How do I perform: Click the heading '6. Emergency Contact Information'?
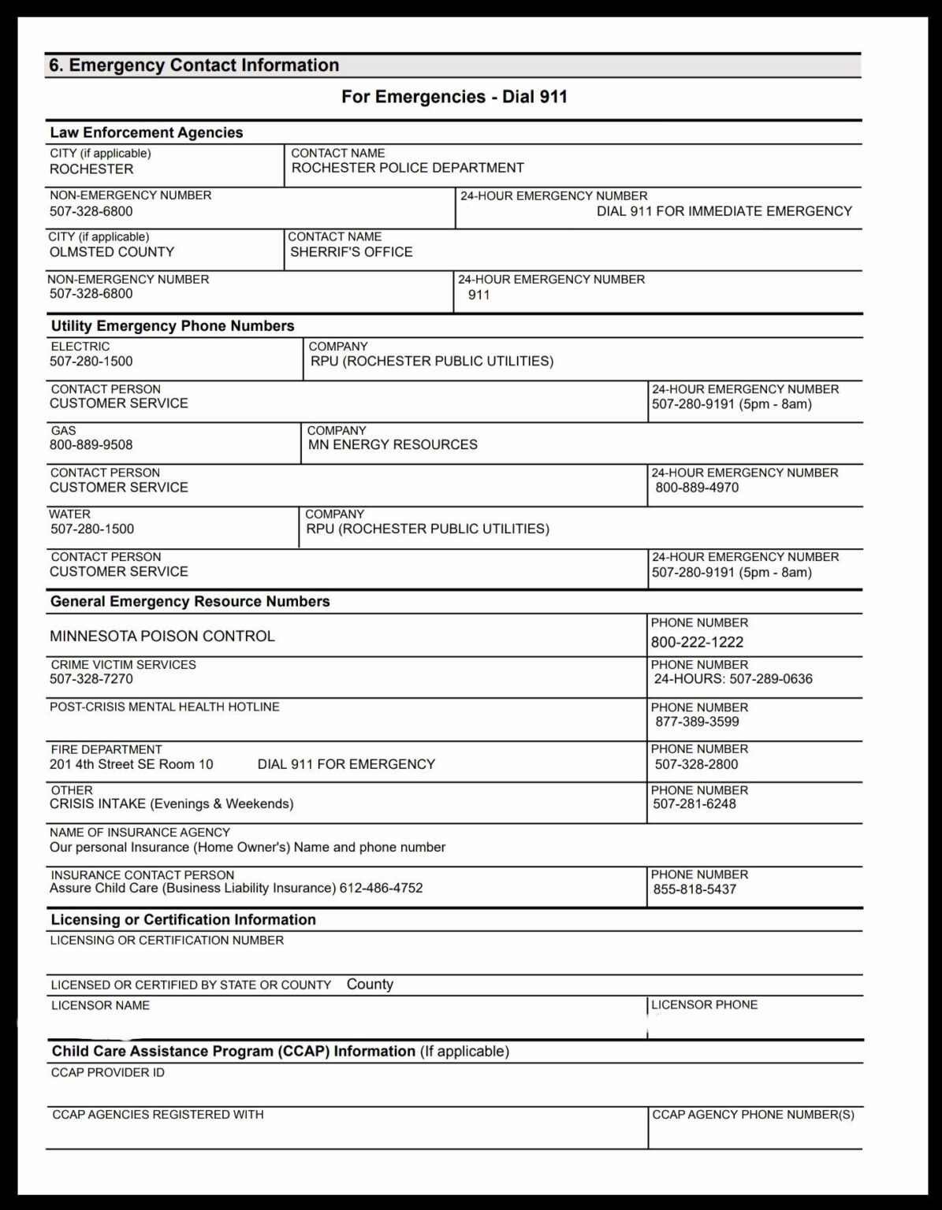coord(194,65)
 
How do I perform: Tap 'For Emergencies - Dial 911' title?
coord(454,97)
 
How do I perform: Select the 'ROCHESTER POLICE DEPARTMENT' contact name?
coord(408,168)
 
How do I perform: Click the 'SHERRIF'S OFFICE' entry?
coord(352,252)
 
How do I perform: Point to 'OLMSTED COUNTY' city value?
coord(112,252)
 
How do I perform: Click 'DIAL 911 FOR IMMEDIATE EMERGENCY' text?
coord(724,211)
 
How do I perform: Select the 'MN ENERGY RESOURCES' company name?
coord(393,445)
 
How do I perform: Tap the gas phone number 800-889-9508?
coord(91,445)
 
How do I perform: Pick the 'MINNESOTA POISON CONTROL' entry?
coord(162,637)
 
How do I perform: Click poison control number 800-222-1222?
coord(697,642)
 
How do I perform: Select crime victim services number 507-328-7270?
coord(91,679)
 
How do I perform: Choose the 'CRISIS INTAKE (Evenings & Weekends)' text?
coord(171,804)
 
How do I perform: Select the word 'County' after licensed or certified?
coord(370,985)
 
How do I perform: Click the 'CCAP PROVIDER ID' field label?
coord(108,1073)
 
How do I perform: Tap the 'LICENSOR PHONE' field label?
coord(704,1005)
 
